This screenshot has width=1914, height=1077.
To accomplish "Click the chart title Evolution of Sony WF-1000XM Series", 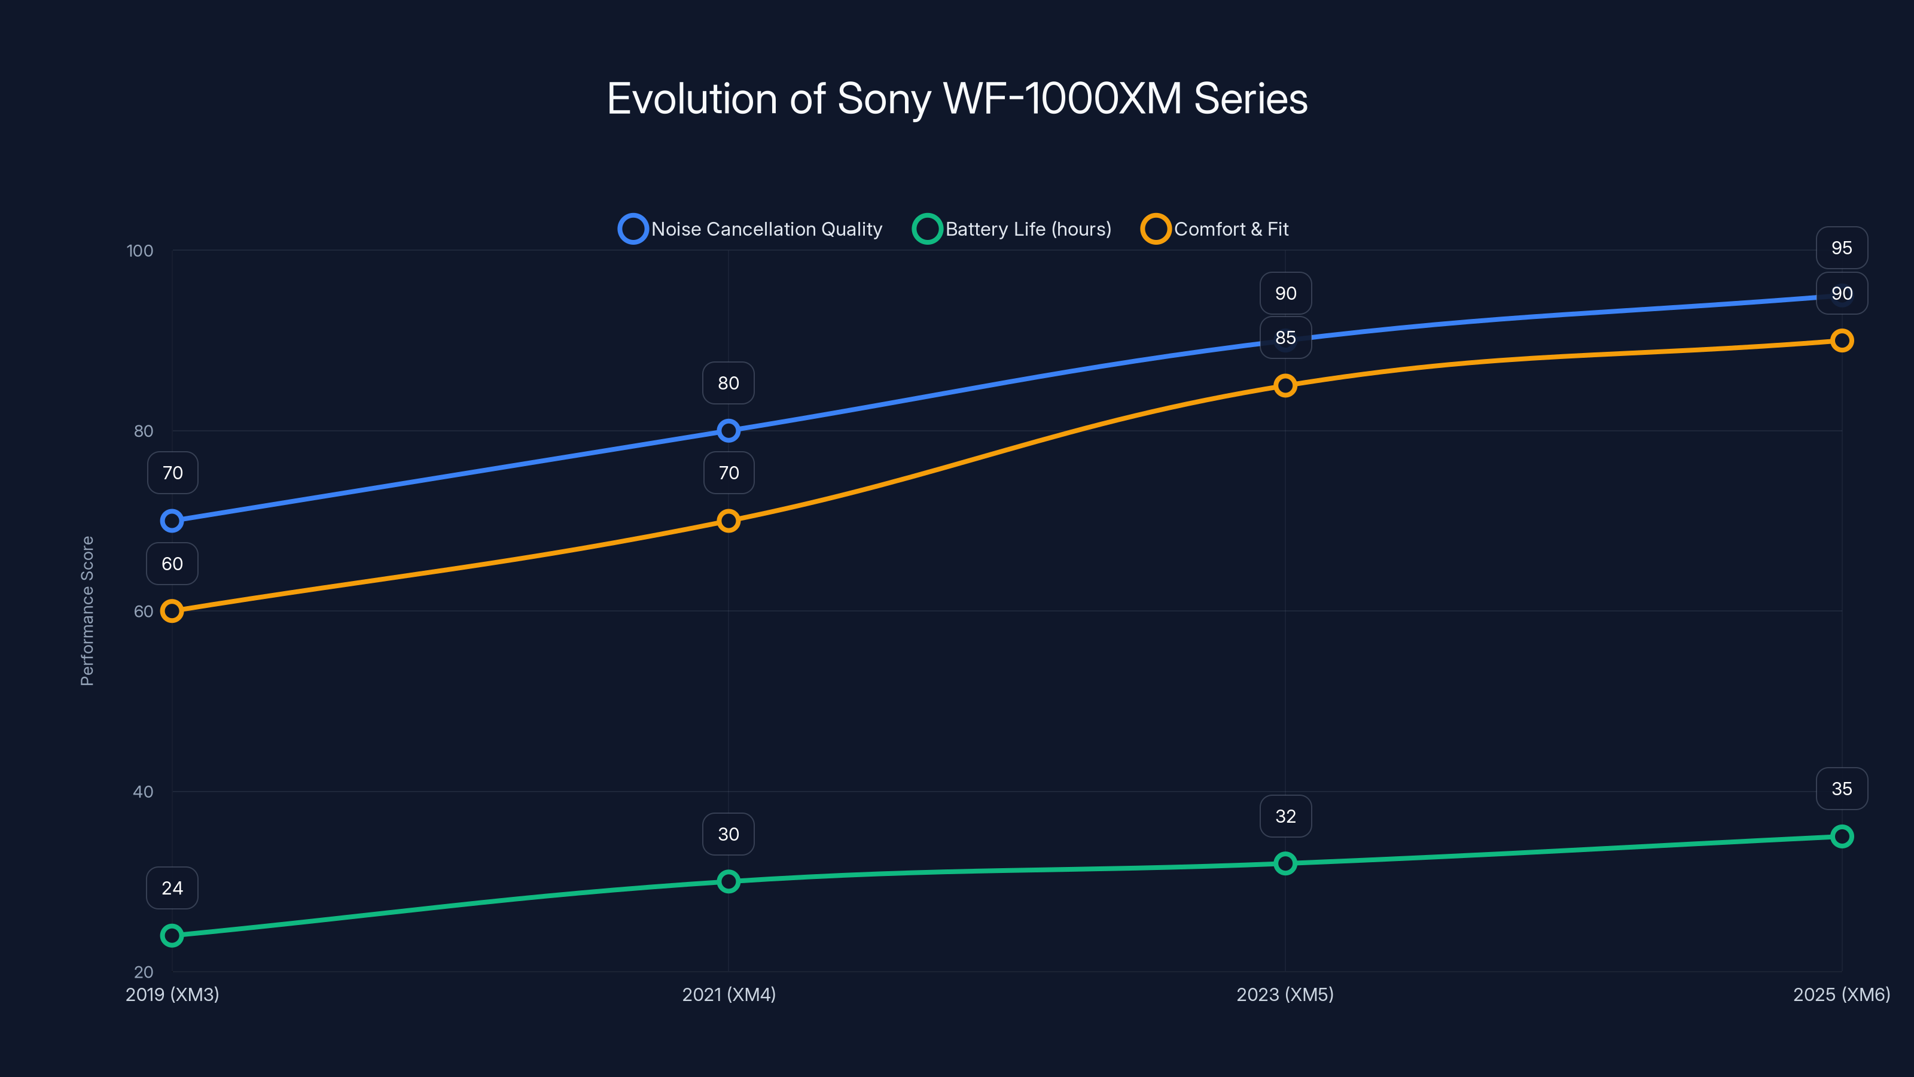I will (957, 99).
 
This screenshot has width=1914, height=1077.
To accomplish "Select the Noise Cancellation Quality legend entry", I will (751, 229).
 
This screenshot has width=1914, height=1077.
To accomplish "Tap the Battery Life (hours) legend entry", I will (1013, 229).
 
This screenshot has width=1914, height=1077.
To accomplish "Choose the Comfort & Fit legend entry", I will (1215, 229).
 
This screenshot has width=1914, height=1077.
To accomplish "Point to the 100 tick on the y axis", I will (140, 251).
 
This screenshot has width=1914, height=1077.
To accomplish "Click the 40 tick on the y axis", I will (143, 792).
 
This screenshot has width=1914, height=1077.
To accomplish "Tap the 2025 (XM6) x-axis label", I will (1841, 994).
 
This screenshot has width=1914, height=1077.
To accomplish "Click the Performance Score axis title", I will (87, 611).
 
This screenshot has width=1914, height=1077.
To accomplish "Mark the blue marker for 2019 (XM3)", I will (172, 521).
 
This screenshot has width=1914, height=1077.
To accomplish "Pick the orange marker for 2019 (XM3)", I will (172, 611).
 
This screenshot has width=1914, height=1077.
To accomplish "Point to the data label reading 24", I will (172, 888).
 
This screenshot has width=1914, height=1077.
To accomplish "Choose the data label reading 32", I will (1285, 816).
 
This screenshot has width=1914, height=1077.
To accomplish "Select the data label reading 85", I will (1285, 338).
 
